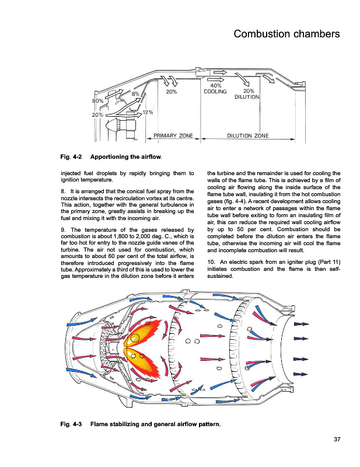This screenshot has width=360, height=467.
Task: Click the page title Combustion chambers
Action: click(x=286, y=34)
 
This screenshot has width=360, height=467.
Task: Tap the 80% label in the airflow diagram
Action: click(x=98, y=101)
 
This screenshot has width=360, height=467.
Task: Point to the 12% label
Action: click(x=148, y=112)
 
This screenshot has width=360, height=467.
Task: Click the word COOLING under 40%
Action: click(x=215, y=92)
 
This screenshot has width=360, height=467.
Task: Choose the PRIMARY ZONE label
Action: click(x=173, y=136)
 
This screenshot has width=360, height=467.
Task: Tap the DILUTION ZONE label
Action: click(x=247, y=136)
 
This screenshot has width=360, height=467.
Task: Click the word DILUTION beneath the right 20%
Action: click(x=247, y=97)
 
